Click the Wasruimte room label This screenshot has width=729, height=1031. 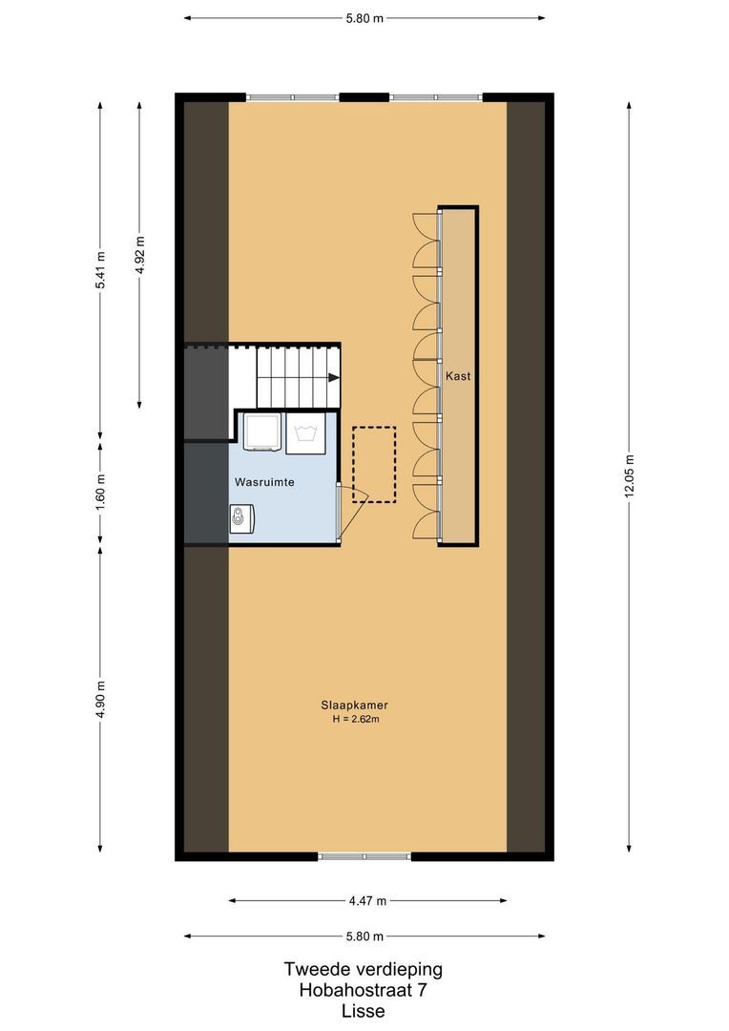(x=264, y=482)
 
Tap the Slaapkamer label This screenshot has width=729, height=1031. (x=354, y=705)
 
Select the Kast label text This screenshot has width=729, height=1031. (x=458, y=376)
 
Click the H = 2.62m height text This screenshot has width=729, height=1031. (x=356, y=720)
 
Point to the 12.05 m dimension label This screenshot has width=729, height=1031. (x=629, y=476)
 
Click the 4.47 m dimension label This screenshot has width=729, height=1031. (x=367, y=901)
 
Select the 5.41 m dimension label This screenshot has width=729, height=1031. (x=100, y=270)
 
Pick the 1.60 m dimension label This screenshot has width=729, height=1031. (x=100, y=492)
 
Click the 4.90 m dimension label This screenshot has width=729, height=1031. (x=100, y=699)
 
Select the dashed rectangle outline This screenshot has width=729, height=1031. (x=374, y=465)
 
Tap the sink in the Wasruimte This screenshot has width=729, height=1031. (x=242, y=518)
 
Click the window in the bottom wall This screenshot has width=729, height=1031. (x=364, y=856)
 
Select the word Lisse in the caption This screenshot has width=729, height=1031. (x=364, y=1011)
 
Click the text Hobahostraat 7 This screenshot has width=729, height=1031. (x=363, y=990)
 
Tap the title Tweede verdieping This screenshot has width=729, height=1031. (x=363, y=969)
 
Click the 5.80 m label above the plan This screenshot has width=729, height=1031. (x=364, y=18)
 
